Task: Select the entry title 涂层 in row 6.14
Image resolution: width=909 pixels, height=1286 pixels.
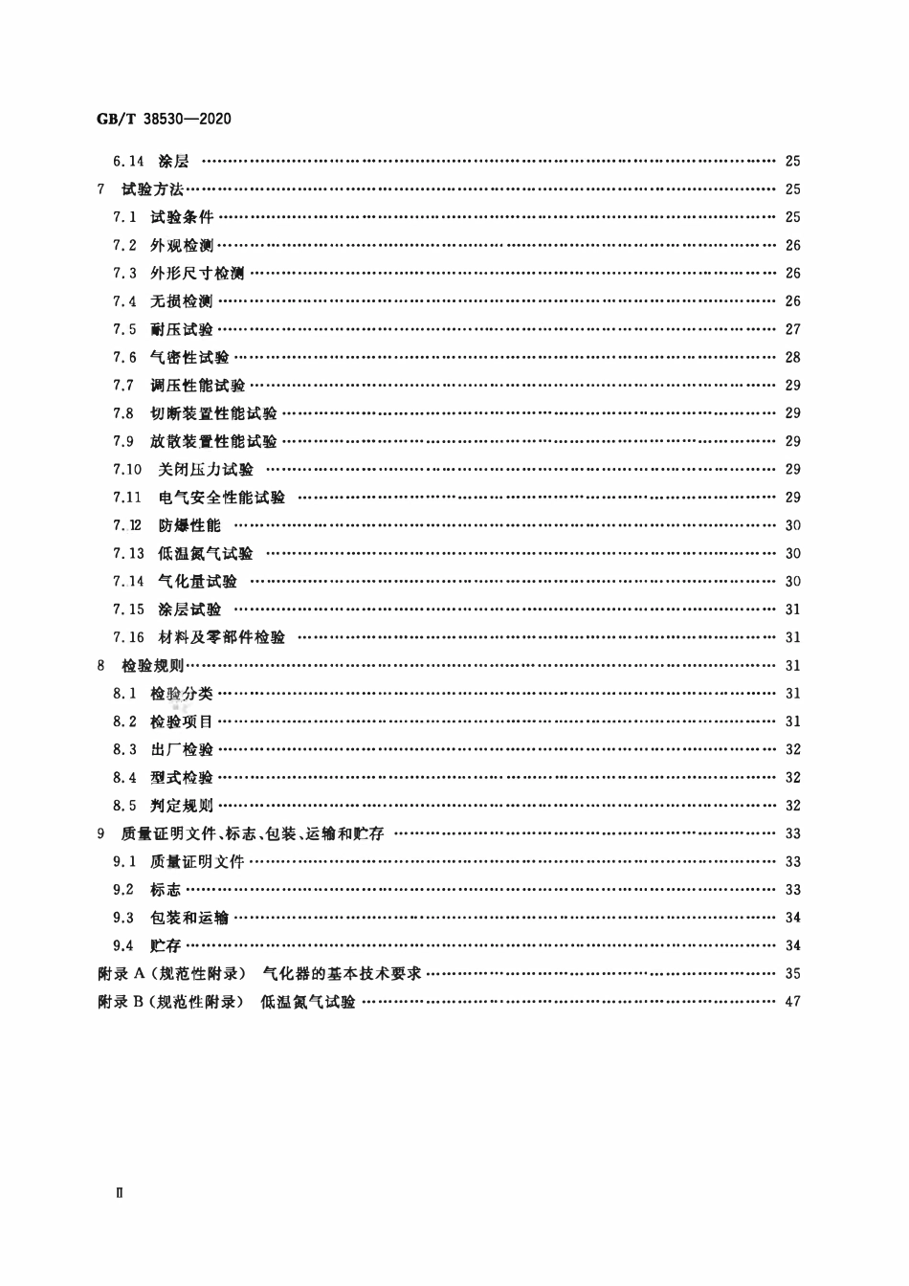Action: click(174, 162)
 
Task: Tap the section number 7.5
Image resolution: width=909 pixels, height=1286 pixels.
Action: click(124, 329)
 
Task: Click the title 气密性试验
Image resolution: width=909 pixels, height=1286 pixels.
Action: click(189, 358)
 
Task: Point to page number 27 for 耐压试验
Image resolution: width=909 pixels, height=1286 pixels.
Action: click(792, 329)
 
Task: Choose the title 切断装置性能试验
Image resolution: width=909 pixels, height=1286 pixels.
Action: click(213, 413)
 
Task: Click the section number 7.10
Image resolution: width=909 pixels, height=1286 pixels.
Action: click(127, 469)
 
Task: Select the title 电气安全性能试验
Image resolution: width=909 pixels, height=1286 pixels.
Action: click(222, 498)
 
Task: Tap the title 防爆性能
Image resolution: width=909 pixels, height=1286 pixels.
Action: click(189, 525)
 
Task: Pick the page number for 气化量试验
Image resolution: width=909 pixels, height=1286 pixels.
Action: click(792, 581)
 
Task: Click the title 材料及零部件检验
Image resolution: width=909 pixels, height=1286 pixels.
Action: click(222, 637)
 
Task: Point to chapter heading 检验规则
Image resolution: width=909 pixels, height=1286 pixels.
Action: click(153, 665)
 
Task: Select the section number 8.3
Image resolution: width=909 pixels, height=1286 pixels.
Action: click(124, 749)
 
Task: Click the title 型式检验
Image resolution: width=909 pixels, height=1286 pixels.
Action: click(182, 777)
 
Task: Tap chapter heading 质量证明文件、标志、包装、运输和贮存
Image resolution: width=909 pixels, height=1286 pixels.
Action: click(253, 833)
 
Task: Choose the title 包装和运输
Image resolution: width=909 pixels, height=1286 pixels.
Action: click(189, 918)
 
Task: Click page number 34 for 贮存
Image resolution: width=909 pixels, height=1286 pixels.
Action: click(792, 945)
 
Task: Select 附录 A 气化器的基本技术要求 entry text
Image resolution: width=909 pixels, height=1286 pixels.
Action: click(259, 974)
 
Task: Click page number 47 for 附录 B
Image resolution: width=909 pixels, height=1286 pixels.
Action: click(792, 1002)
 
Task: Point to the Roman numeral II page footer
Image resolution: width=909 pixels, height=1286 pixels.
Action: click(119, 1193)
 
